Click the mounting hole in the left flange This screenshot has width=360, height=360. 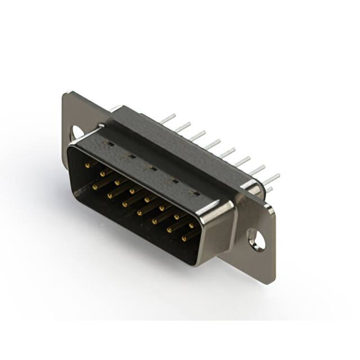tap(76, 132)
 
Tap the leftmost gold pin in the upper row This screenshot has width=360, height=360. tap(88, 165)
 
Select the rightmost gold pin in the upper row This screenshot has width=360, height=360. tap(191, 225)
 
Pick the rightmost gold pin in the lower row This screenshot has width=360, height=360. tap(184, 238)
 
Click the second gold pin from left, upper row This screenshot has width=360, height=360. tap(103, 174)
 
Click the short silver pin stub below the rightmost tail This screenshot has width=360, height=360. tap(269, 190)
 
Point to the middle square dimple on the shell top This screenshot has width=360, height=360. tap(152, 168)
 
